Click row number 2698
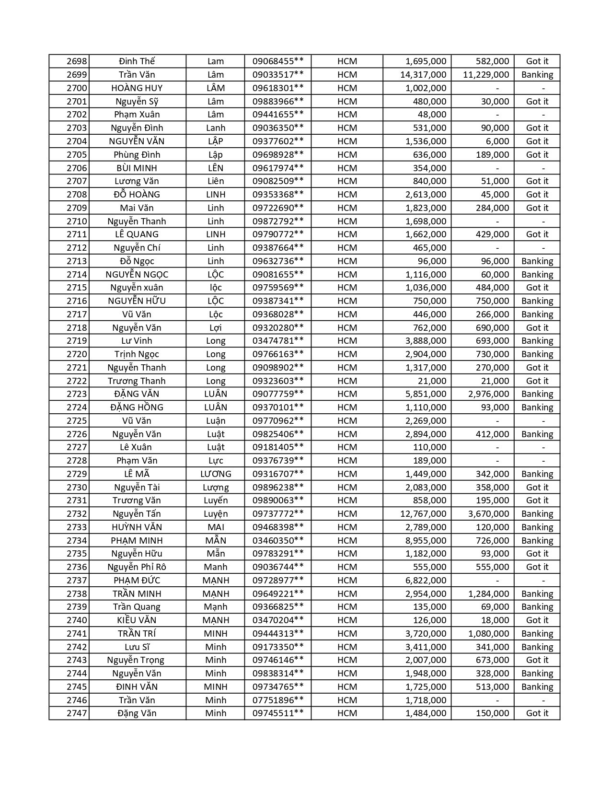[x=77, y=61]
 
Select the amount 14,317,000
[x=423, y=75]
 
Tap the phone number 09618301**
[x=278, y=88]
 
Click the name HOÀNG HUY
[x=137, y=88]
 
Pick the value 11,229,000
[x=486, y=75]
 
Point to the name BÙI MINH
[x=137, y=168]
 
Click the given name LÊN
[x=216, y=168]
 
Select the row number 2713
[x=77, y=261]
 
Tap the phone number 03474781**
[x=278, y=341]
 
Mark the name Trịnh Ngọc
[x=137, y=354]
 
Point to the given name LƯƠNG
[x=216, y=474]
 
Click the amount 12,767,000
[x=423, y=514]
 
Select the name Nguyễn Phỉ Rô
[x=137, y=567]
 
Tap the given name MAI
[x=216, y=527]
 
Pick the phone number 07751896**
[x=278, y=700]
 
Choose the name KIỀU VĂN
[x=137, y=620]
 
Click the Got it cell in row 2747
[x=537, y=713]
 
